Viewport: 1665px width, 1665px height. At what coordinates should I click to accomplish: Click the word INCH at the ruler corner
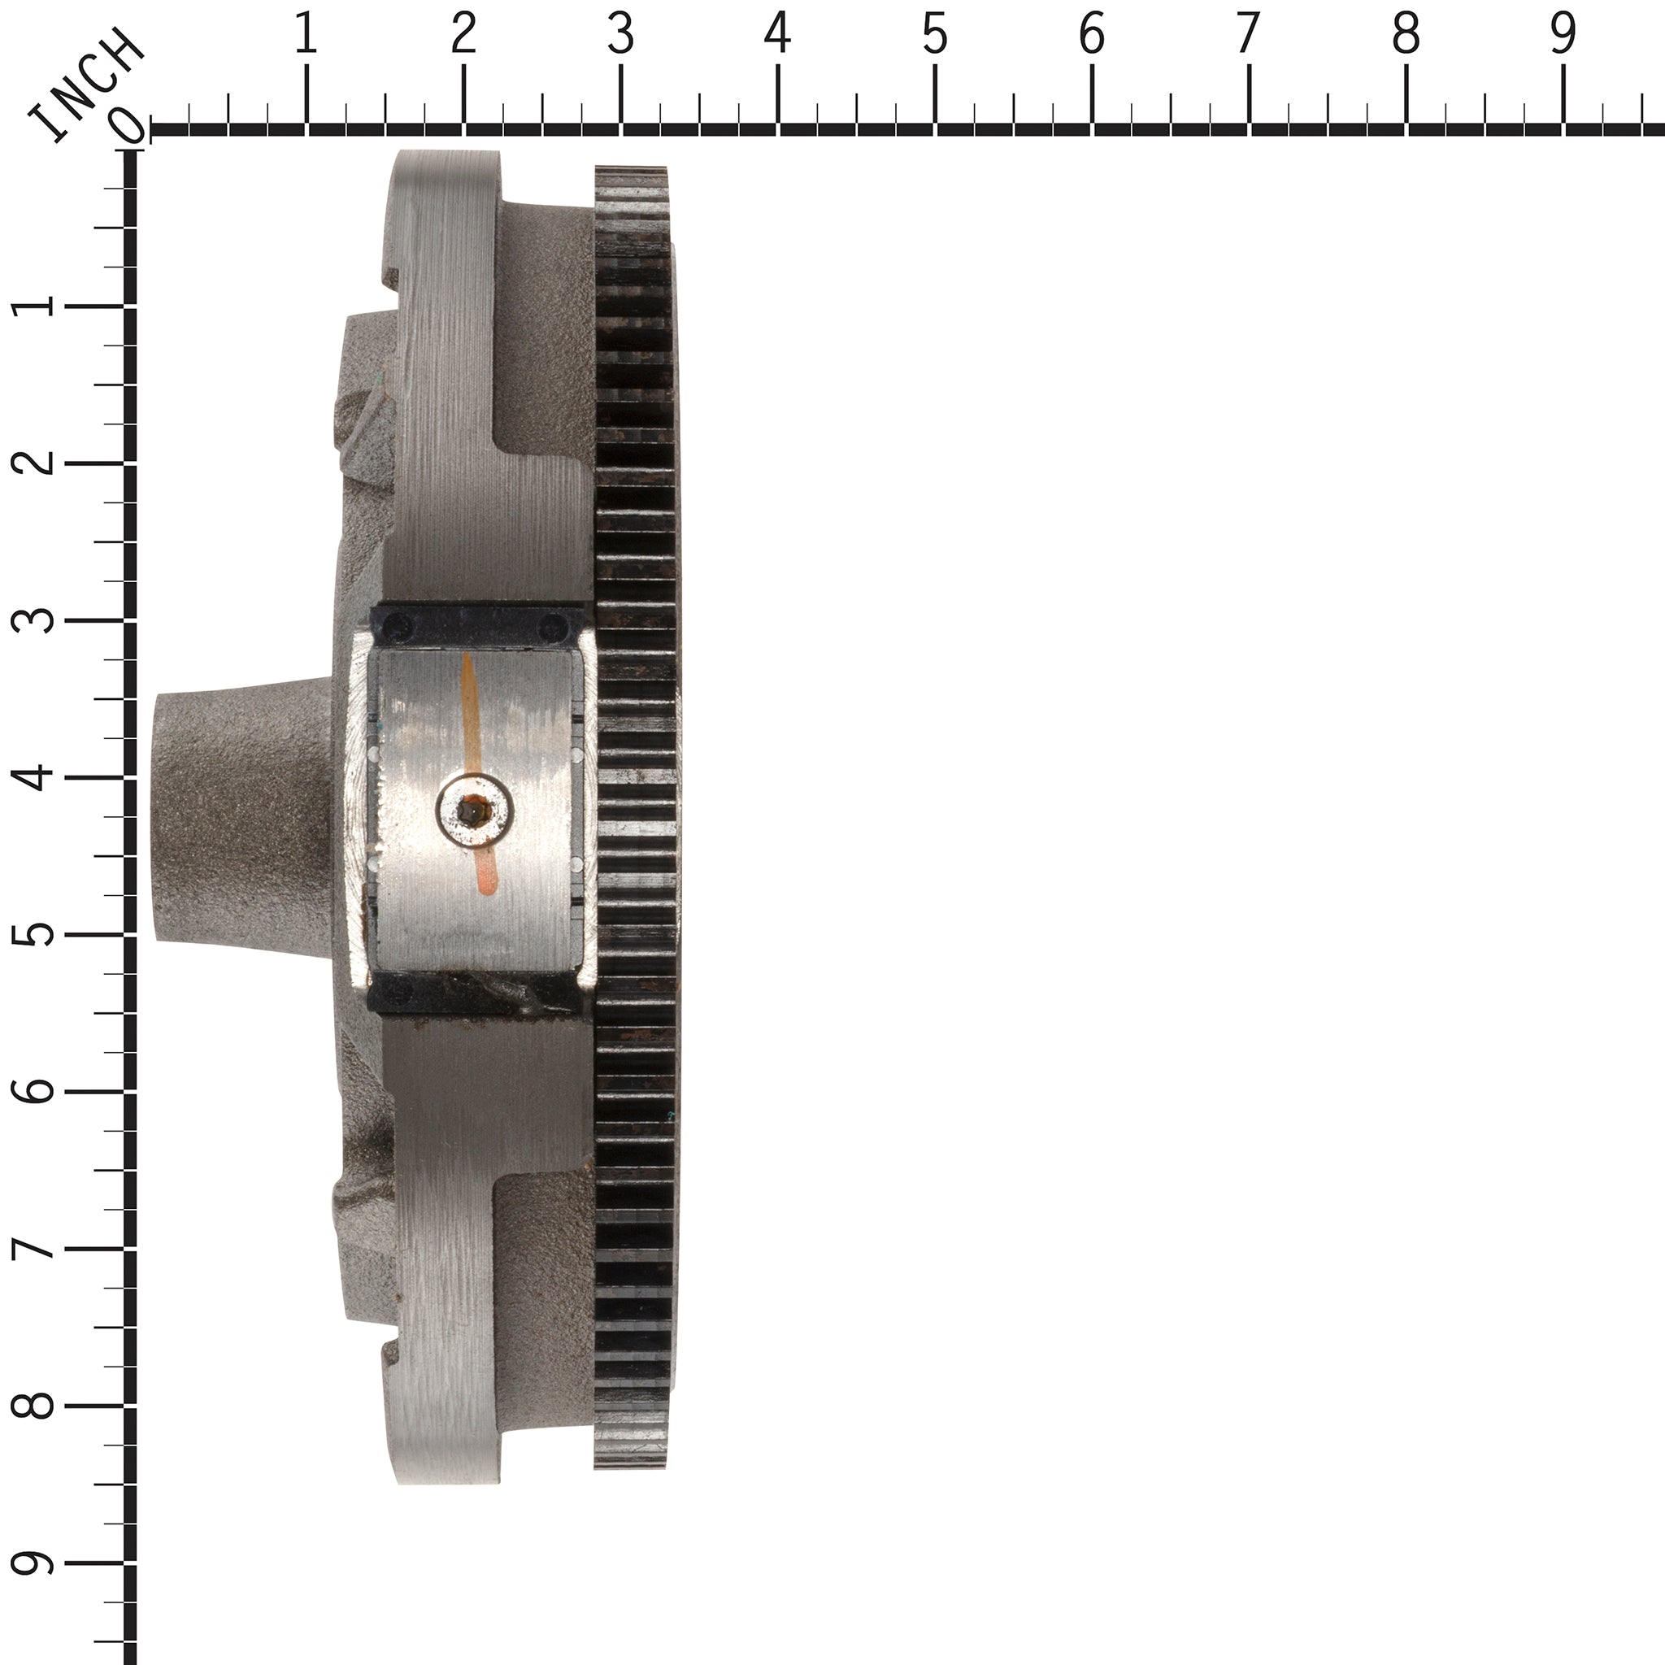point(86,84)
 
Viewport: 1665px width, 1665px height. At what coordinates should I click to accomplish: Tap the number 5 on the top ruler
point(935,35)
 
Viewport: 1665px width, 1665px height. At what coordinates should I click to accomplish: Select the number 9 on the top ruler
point(1563,35)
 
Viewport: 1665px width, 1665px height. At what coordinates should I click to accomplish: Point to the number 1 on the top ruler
point(306,35)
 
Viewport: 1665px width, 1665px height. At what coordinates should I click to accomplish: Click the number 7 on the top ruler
point(1248,35)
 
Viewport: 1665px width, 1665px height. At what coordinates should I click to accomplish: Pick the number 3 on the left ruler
point(33,620)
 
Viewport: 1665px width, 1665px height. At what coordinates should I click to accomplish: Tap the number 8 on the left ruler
point(33,1406)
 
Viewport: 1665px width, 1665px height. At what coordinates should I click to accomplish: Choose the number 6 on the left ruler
point(33,1091)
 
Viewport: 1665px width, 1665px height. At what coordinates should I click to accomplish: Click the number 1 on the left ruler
point(33,306)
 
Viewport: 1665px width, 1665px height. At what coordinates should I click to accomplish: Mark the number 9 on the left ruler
point(33,1563)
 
